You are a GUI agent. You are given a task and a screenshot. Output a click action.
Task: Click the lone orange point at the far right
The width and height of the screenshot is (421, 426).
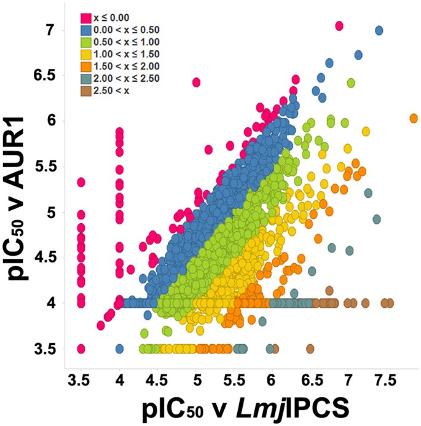(x=414, y=119)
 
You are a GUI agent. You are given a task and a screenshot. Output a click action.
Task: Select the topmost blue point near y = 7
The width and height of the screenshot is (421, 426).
(x=379, y=30)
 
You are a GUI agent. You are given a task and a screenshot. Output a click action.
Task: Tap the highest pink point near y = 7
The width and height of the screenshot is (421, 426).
(x=339, y=26)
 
